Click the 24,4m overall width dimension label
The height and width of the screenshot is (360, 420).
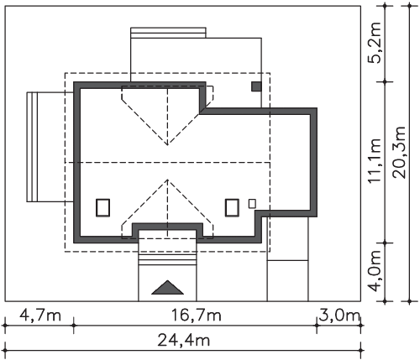183,341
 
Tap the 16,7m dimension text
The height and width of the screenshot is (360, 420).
196,316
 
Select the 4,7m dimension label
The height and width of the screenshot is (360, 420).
40,316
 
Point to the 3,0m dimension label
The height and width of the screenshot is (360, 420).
339,316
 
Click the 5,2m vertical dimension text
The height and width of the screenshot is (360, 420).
375,42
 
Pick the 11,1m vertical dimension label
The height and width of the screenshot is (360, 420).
375,160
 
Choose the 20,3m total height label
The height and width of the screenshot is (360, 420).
399,153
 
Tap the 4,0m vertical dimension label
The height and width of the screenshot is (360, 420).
375,271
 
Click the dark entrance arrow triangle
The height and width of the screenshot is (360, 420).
167,288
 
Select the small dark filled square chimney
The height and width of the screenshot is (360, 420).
256,86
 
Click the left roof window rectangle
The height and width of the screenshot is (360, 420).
102,207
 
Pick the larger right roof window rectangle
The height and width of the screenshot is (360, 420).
232,207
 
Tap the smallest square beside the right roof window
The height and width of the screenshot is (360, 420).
252,203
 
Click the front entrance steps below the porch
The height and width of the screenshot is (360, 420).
167,259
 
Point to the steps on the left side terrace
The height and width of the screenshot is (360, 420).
32,147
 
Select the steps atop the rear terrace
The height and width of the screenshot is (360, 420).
168,33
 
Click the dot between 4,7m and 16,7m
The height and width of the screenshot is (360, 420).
74,326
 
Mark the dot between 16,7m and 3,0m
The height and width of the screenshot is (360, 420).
317,326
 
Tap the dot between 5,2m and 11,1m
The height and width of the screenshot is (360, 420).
385,82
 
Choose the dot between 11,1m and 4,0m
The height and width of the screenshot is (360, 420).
385,243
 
